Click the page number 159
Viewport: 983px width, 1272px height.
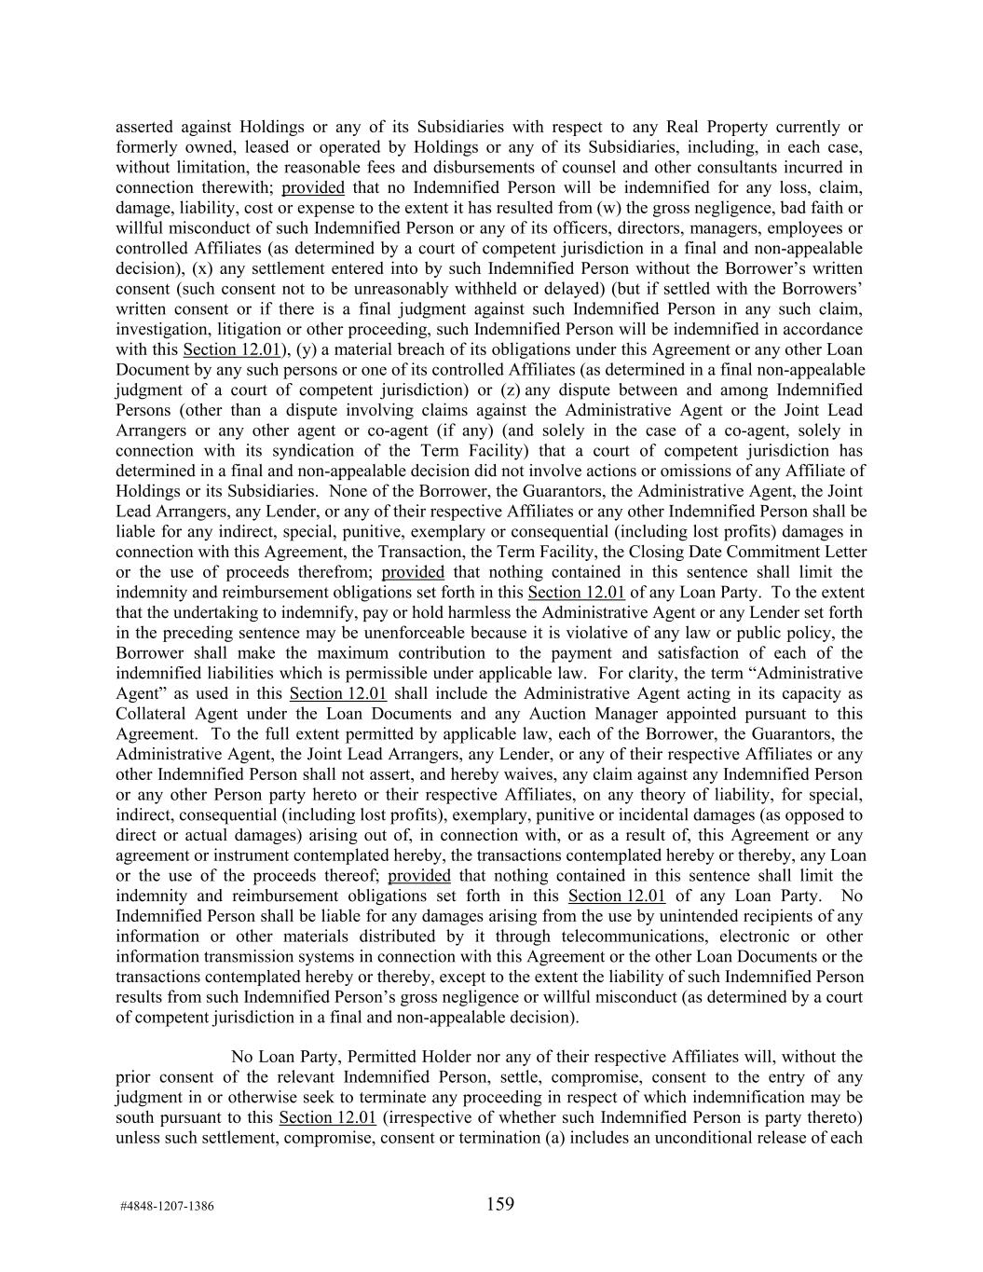[499, 1204]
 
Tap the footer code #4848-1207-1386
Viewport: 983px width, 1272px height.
[167, 1206]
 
